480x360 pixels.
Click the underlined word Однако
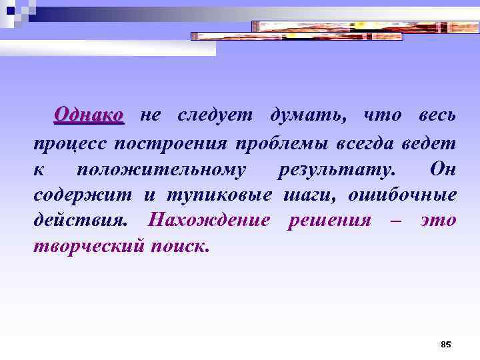coord(89,115)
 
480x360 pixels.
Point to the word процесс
coord(69,143)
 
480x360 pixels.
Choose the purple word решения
coord(329,220)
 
